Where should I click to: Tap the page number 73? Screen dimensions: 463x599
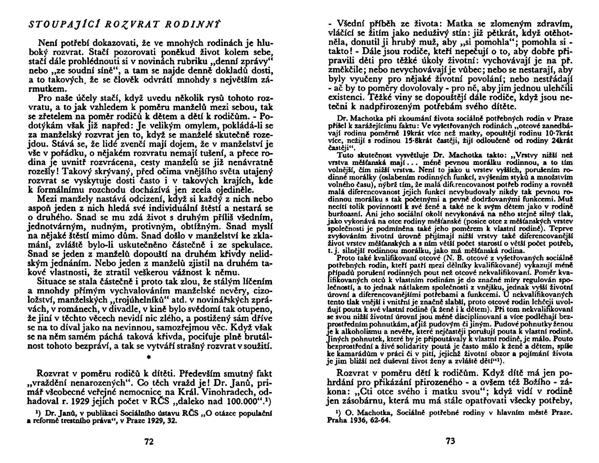450,441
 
